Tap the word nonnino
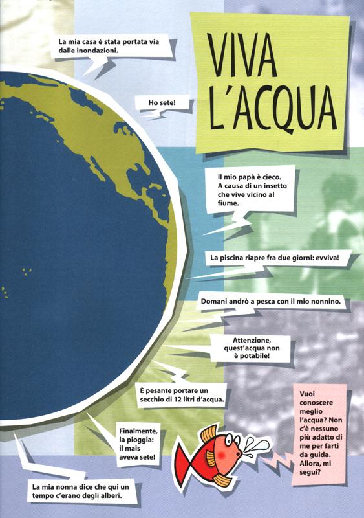pos(330,302)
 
